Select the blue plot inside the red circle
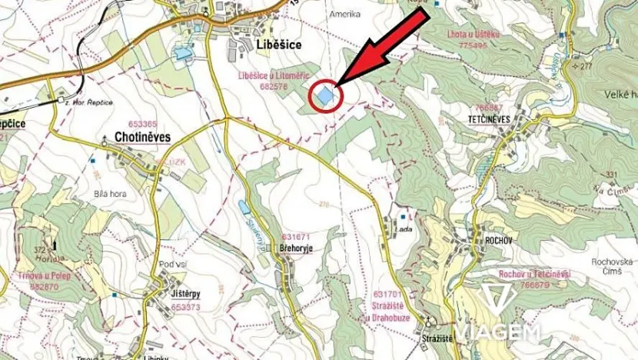[325, 97]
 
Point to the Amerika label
[344, 15]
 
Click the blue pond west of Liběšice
[183, 54]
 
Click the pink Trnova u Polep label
[38, 275]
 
